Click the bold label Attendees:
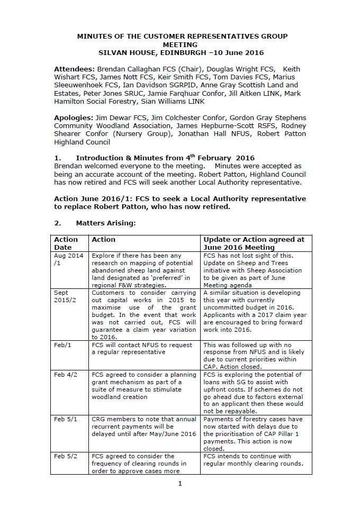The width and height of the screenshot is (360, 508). click(x=75, y=69)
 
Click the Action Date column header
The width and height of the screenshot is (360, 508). click(x=66, y=243)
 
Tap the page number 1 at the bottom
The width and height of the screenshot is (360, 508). click(x=180, y=483)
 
